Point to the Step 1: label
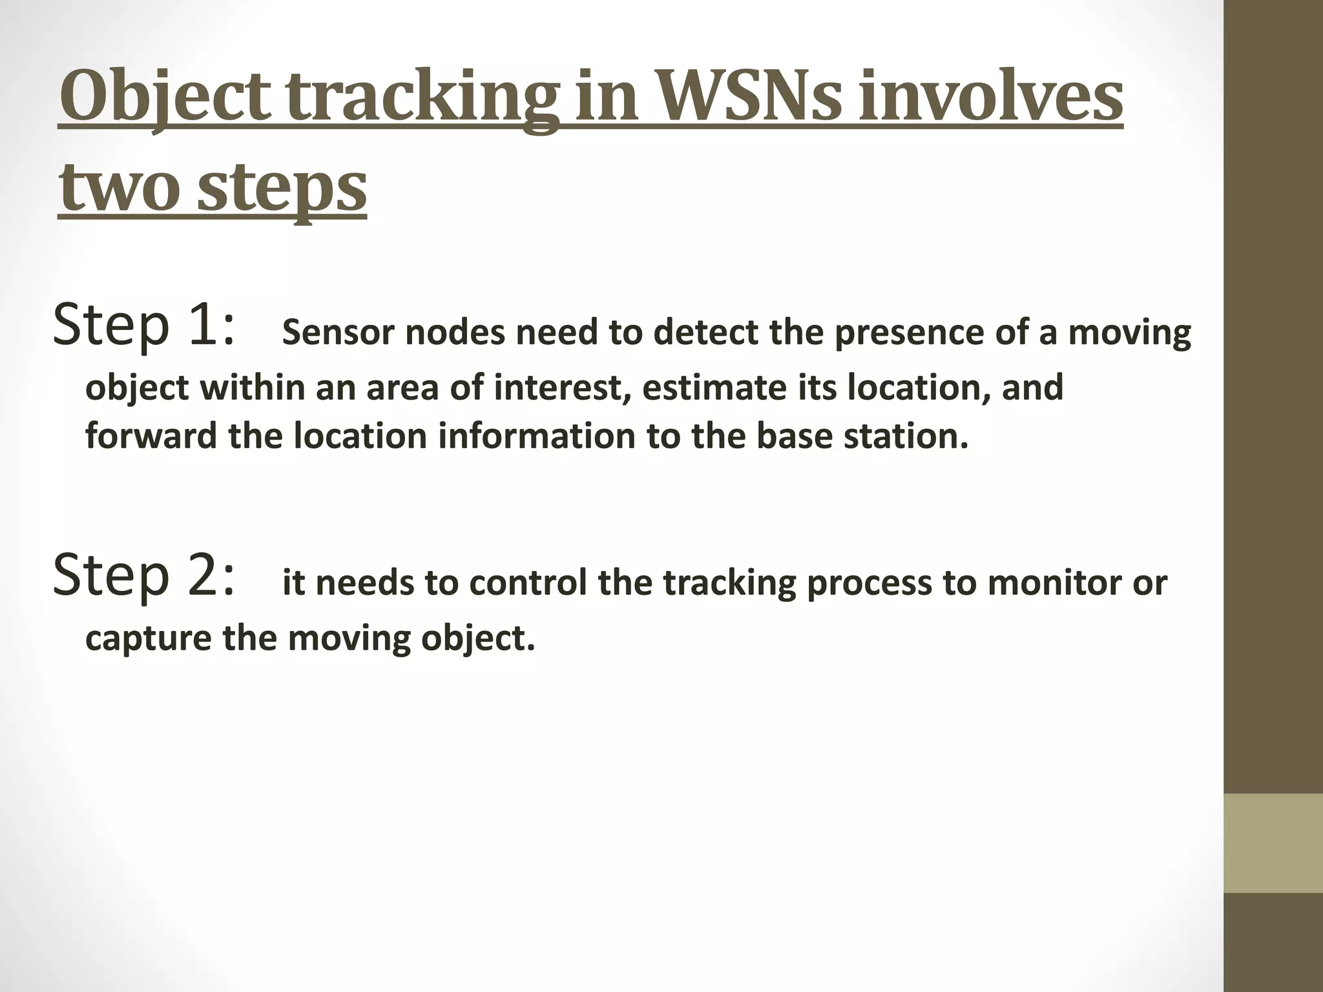[143, 326]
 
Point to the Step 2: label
[143, 576]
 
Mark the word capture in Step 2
[149, 639]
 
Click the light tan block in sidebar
[1273, 843]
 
